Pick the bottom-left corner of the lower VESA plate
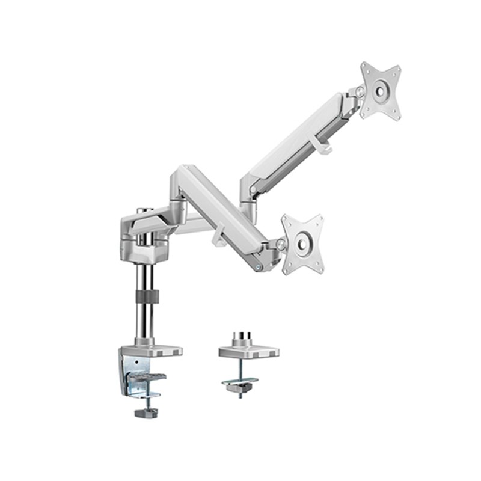click(x=287, y=266)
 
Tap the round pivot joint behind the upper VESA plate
click(x=360, y=91)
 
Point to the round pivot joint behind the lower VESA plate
click(x=280, y=244)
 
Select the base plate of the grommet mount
click(x=249, y=351)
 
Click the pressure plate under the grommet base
click(x=240, y=382)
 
